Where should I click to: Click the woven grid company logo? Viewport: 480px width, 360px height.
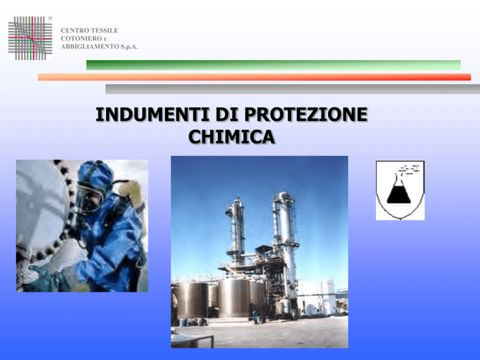click(30, 38)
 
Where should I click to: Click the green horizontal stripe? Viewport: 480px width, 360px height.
click(273, 65)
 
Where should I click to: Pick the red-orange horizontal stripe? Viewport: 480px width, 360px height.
click(255, 77)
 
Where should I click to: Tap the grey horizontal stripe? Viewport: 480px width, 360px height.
click(293, 89)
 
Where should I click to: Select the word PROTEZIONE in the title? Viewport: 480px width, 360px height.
click(306, 115)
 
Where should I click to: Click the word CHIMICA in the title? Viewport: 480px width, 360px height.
click(232, 137)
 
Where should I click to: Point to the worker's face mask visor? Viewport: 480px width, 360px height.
click(88, 199)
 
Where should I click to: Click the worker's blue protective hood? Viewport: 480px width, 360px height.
click(95, 176)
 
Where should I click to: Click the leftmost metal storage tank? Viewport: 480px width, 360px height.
click(192, 300)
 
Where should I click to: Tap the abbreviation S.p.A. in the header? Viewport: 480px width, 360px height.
click(129, 46)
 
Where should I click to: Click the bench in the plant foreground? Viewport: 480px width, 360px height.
click(192, 341)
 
